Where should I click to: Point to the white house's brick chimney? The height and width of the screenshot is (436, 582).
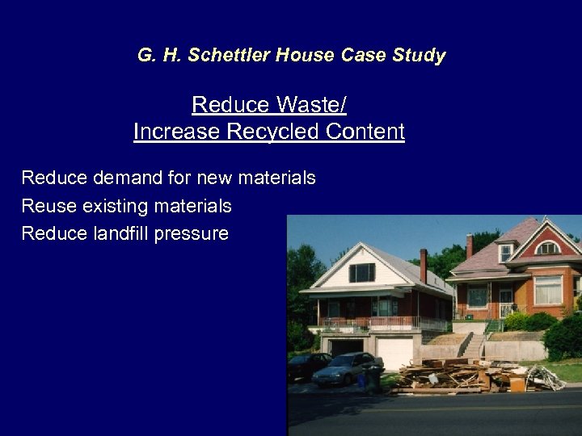click(423, 265)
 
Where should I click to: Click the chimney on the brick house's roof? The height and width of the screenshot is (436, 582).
click(469, 245)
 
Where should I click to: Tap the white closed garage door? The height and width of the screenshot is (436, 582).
click(395, 353)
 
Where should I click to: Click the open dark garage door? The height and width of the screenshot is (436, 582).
click(346, 347)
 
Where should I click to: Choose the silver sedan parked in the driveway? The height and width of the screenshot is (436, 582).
click(347, 368)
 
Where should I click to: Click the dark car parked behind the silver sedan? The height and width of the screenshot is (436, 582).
click(307, 366)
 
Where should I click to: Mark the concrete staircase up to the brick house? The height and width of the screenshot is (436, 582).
click(471, 346)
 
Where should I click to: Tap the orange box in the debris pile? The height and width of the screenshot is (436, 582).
click(517, 384)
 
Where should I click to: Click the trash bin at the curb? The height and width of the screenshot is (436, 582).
click(373, 379)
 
